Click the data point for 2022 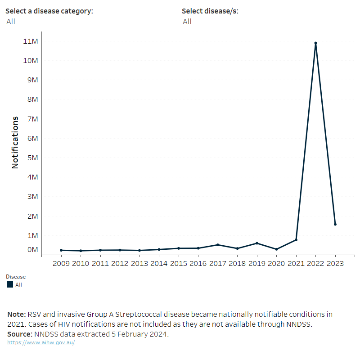(315, 43)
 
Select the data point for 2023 (335, 224)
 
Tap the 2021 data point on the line (296, 240)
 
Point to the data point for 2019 (257, 243)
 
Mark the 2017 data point (218, 245)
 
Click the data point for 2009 (61, 250)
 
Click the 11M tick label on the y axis (31, 41)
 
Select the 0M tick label (31, 250)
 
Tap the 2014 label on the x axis (159, 264)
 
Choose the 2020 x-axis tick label (276, 264)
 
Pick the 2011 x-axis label (100, 264)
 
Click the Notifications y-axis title (15, 143)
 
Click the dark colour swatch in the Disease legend (10, 284)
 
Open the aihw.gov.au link (41, 342)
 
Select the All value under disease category (10, 21)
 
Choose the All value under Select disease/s (187, 21)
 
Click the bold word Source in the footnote (20, 334)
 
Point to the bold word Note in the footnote (16, 314)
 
